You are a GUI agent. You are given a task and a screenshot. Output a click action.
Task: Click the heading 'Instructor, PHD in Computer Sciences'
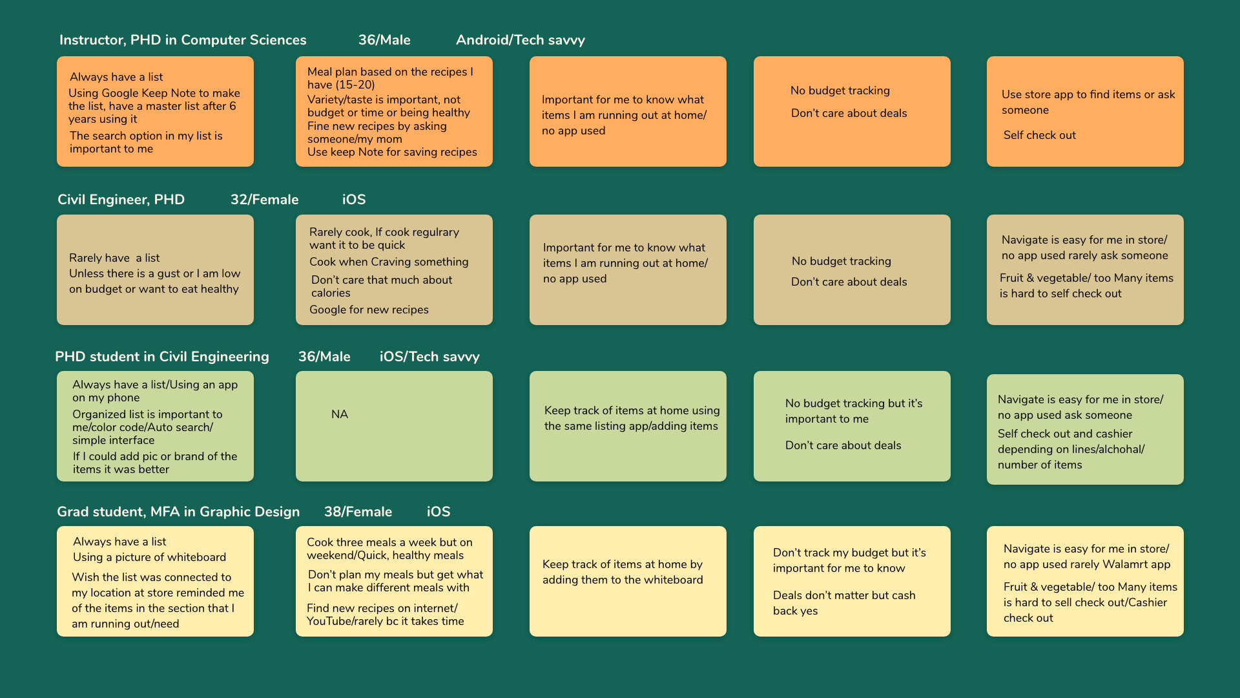click(x=183, y=40)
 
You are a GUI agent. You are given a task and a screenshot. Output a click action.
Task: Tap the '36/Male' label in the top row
click(x=384, y=40)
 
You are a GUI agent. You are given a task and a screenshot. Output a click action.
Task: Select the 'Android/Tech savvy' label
click(x=521, y=40)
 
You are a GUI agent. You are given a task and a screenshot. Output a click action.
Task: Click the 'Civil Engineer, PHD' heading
click(x=121, y=200)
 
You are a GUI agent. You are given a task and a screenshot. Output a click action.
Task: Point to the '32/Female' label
click(x=264, y=200)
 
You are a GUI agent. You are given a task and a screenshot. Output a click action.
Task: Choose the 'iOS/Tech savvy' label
click(x=429, y=357)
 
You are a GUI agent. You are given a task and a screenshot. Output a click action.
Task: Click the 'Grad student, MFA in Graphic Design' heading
click(x=178, y=512)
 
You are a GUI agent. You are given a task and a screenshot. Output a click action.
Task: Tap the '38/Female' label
click(x=358, y=512)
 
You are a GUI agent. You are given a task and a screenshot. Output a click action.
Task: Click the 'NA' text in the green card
click(x=340, y=414)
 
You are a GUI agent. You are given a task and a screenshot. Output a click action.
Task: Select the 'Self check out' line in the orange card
click(x=1040, y=135)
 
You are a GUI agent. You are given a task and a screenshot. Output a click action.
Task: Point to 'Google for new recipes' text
click(x=369, y=310)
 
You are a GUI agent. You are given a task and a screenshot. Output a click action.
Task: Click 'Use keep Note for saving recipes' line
click(x=392, y=152)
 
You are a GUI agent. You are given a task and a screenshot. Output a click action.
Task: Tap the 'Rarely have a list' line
click(x=114, y=258)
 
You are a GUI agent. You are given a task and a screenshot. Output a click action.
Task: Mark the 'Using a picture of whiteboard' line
click(x=149, y=557)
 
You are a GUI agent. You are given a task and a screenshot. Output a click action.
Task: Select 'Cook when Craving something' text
click(x=389, y=262)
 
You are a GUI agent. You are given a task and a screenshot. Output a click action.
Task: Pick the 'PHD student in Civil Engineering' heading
click(x=162, y=357)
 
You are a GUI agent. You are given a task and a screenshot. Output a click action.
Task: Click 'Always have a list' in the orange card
click(x=116, y=77)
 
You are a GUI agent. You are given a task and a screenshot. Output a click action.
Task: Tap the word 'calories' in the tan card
click(x=331, y=293)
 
